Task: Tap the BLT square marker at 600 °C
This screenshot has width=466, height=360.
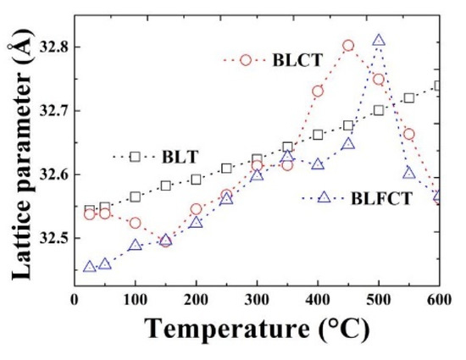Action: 439,86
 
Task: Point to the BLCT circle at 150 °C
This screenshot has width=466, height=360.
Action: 166,241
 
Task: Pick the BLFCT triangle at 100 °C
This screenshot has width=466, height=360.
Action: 136,245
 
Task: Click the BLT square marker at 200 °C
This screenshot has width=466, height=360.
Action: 197,179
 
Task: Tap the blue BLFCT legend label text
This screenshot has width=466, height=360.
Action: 380,198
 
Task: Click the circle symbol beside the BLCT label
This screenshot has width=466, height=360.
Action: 246,60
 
